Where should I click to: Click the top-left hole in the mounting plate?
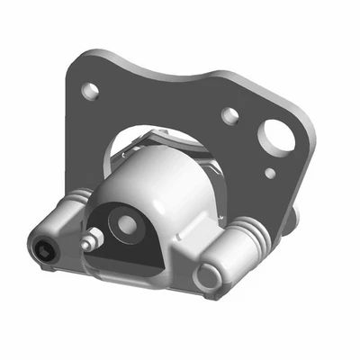(x=90, y=91)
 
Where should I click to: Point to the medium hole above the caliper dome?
(x=229, y=115)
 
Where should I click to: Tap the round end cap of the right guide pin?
(x=213, y=276)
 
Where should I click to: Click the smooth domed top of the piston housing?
(x=162, y=175)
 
